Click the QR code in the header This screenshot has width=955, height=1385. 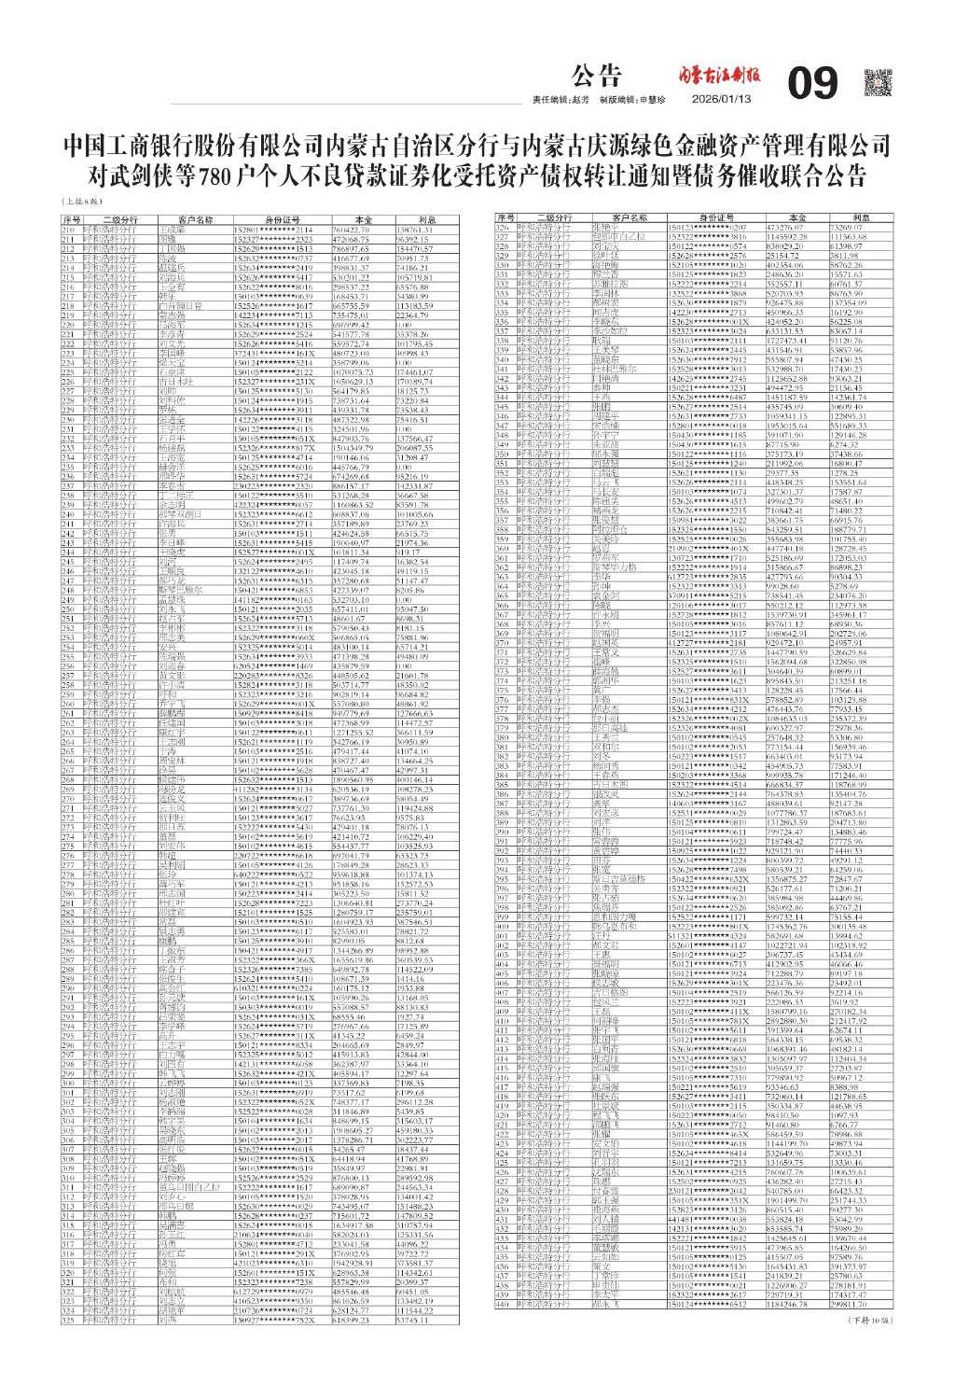pyautogui.click(x=879, y=83)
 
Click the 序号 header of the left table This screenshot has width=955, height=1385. pyautogui.click(x=72, y=220)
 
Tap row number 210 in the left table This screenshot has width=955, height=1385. pyautogui.click(x=68, y=229)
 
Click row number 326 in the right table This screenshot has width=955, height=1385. pyautogui.click(x=502, y=227)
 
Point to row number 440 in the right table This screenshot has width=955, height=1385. pyautogui.click(x=502, y=1305)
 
